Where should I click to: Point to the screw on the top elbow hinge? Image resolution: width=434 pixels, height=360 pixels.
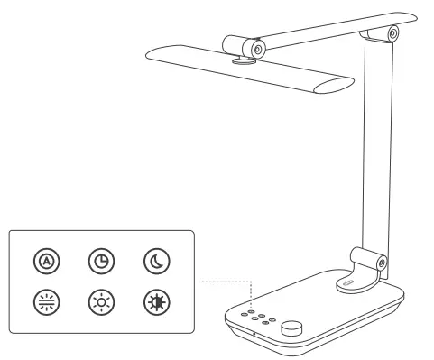click(393, 33)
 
